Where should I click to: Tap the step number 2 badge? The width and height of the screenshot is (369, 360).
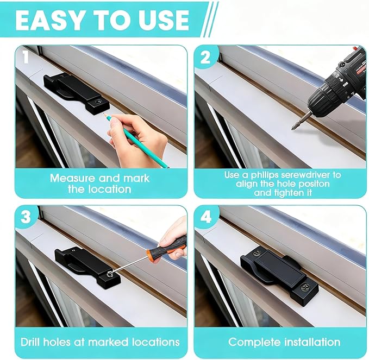click(x=205, y=58)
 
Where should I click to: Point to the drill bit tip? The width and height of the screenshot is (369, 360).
click(x=293, y=128)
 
